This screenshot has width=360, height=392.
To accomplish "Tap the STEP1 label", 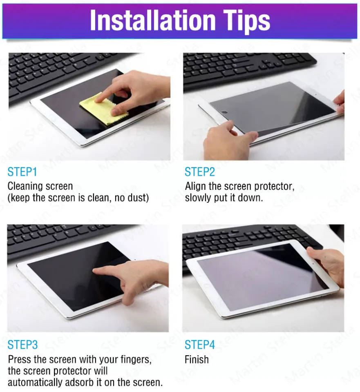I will tap(22, 171).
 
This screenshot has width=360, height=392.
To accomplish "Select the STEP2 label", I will tap(200, 171).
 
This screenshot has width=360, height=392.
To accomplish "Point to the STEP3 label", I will tap(22, 345).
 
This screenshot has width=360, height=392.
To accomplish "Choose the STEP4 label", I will tap(200, 345).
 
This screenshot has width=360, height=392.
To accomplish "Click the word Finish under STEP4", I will tap(197, 360).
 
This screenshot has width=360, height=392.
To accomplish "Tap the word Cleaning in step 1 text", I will tap(25, 187).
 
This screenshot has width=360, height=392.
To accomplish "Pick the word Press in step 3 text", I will tap(20, 360).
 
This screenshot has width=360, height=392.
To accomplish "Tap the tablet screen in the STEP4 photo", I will tap(257, 278).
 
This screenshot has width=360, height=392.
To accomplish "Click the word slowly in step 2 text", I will tap(198, 198).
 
